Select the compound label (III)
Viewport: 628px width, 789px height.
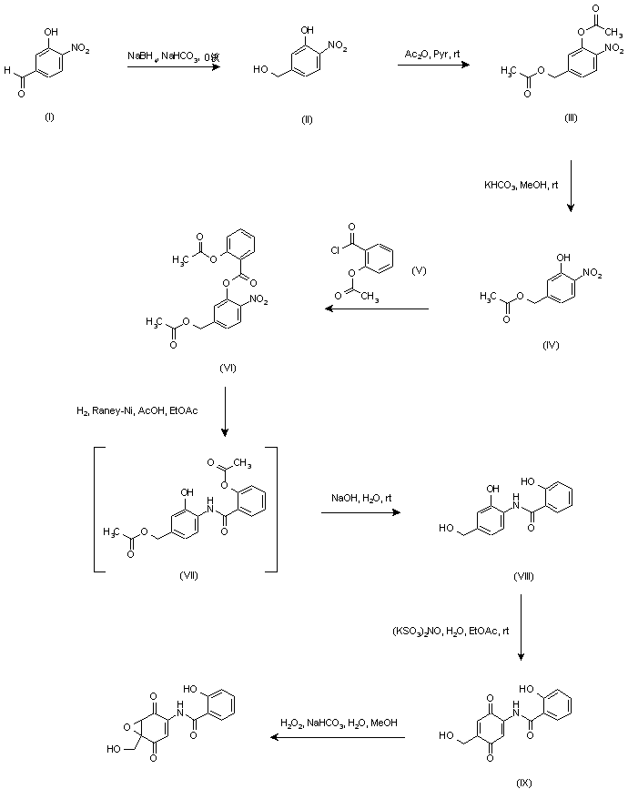click(x=570, y=118)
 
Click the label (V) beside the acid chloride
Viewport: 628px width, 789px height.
click(x=419, y=270)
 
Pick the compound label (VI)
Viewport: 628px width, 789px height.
click(x=228, y=366)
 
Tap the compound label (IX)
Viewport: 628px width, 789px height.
click(x=523, y=781)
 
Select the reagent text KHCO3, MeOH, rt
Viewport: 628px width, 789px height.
click(x=521, y=186)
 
